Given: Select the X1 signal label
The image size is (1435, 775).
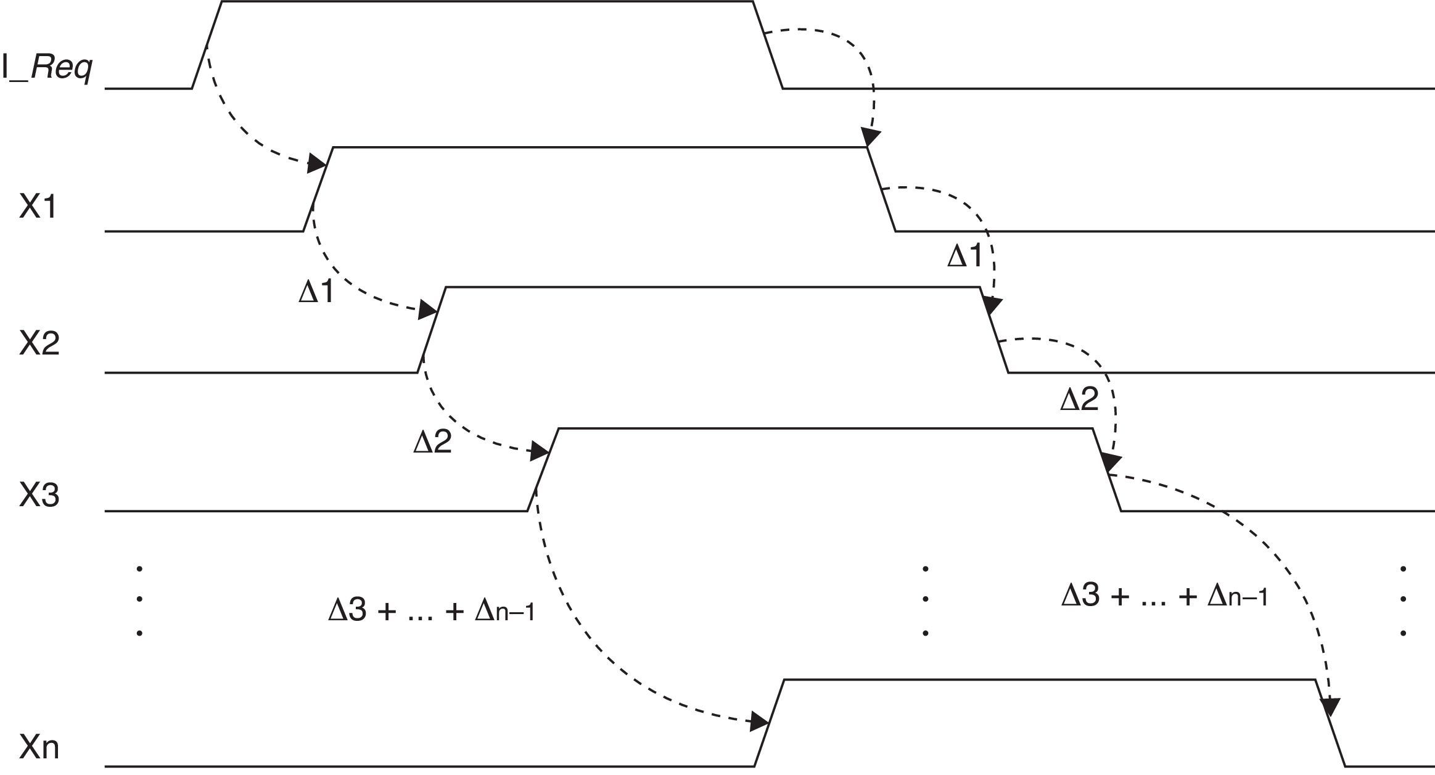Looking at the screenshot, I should pos(38,208).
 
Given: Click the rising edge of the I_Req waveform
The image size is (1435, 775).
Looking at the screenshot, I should pos(207,45).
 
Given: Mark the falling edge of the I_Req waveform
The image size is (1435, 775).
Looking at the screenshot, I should pos(768,45).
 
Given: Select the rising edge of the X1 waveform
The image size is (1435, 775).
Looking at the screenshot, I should pos(318,189).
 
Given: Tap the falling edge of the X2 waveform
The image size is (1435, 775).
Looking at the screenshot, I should pos(994,330).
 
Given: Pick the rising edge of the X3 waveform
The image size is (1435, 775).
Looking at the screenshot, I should pos(543,469).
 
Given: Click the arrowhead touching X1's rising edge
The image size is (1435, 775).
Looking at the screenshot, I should pos(318,164).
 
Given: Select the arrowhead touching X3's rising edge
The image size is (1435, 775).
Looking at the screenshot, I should pos(540,453).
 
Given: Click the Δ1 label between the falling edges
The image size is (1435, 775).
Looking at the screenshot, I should pos(964,256).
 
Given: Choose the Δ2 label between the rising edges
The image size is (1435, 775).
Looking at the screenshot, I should pos(432,442).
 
